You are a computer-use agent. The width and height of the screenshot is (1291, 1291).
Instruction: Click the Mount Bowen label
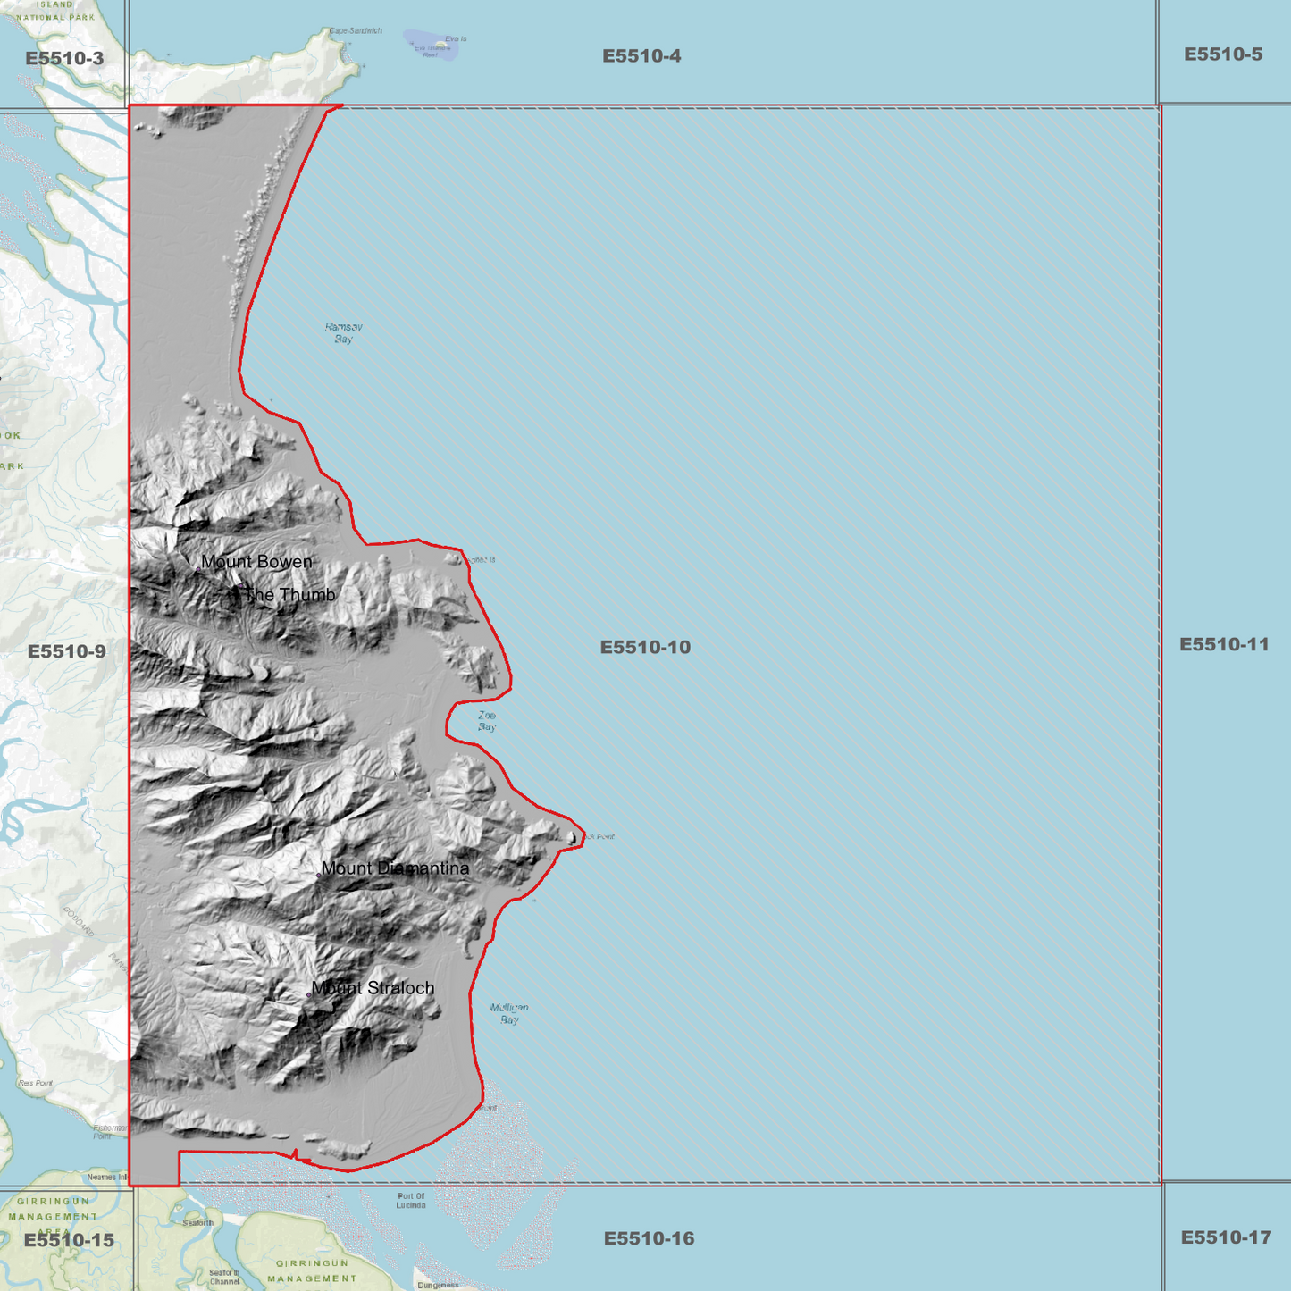coord(256,562)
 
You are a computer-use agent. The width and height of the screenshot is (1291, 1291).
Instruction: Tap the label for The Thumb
coord(289,595)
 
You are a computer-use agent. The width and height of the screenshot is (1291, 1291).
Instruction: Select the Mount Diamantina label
coord(395,868)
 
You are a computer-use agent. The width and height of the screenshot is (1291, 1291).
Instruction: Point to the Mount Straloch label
coord(373,988)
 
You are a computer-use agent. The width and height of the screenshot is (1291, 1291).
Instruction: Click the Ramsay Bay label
coord(344,333)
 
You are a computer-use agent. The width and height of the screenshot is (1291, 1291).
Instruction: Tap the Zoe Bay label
coord(487,721)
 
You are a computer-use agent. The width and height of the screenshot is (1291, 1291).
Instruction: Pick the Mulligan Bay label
coord(509,1013)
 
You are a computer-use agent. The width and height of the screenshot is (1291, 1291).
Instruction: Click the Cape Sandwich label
coord(356,31)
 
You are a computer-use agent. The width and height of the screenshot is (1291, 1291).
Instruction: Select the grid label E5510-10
coord(645,647)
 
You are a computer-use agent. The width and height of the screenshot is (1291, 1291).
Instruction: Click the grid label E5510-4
coord(641,56)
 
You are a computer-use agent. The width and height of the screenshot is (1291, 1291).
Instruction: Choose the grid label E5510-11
coord(1224,644)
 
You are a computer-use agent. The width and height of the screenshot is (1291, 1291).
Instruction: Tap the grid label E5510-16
coord(649,1238)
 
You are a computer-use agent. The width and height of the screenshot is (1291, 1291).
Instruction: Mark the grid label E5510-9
coord(67,651)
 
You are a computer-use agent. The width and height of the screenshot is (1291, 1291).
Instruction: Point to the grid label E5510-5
coord(1223,54)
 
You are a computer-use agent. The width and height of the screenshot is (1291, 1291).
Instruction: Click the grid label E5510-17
coord(1225,1237)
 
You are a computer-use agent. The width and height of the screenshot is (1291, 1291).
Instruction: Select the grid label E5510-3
coord(64,59)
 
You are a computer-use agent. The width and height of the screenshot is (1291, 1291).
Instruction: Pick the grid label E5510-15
coord(69,1240)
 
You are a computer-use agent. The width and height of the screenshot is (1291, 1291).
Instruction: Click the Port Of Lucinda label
coord(411,1200)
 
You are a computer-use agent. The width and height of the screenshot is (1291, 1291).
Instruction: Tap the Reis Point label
coord(36,1083)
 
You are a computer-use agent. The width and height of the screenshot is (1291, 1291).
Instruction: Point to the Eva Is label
coord(456,39)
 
